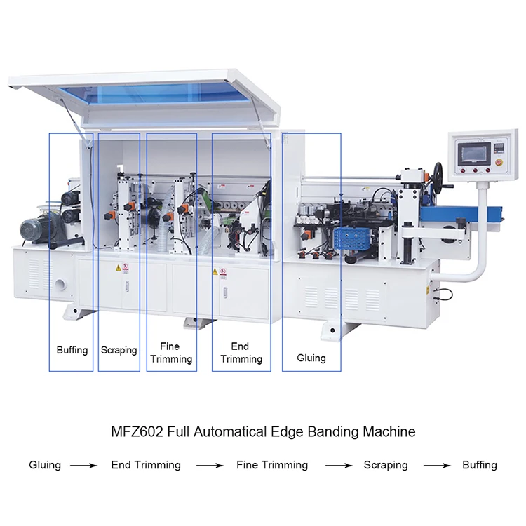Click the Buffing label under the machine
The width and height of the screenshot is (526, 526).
click(72, 349)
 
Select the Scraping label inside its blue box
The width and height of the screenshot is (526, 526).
click(119, 349)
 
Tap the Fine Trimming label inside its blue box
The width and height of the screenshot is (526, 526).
click(170, 353)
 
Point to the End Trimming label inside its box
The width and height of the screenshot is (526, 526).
click(241, 353)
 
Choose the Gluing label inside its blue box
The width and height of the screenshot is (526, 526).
click(311, 358)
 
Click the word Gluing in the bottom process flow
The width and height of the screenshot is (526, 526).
click(45, 465)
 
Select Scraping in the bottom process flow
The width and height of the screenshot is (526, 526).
click(385, 465)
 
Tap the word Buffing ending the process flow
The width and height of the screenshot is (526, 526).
click(480, 465)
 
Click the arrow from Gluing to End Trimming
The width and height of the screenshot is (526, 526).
click(82, 466)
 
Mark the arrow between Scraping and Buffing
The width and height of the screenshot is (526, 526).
click(436, 466)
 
